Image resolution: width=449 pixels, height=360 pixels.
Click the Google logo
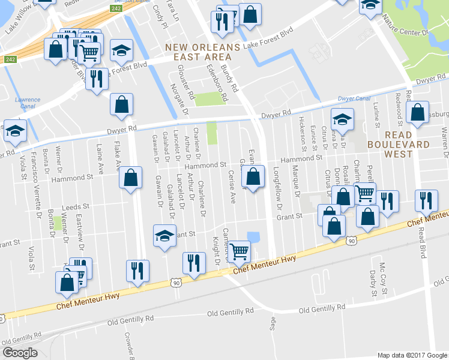(x=20, y=353)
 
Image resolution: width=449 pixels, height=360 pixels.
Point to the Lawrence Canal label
(x=28, y=103)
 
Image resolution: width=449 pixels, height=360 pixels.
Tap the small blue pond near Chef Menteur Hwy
(x=253, y=237)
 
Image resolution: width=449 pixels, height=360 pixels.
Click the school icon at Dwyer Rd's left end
(x=14, y=130)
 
